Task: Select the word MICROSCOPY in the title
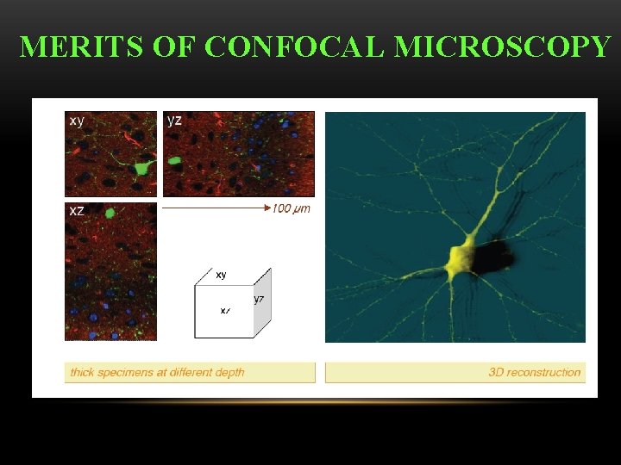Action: coord(502,46)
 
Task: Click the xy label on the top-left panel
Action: coord(77,121)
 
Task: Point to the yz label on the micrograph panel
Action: coord(174,121)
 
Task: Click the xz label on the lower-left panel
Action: coord(77,211)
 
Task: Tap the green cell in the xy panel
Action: coord(141,166)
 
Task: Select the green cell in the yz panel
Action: coord(175,160)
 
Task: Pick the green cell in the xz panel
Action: coord(110,213)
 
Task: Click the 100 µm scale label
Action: coord(292,208)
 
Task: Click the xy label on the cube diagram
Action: coord(221,275)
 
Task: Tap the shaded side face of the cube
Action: coord(263,301)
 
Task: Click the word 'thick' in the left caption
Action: coord(82,373)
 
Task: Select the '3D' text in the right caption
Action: coord(497,373)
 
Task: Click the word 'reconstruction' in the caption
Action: coord(546,373)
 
